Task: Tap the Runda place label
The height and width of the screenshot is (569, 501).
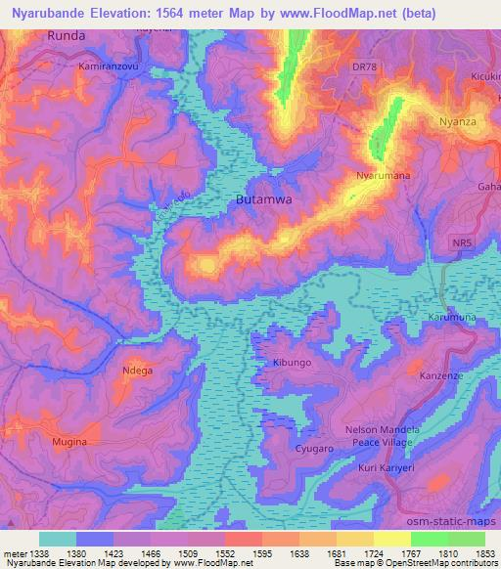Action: click(67, 35)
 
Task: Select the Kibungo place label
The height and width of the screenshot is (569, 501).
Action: click(292, 363)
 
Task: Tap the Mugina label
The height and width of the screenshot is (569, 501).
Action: click(69, 442)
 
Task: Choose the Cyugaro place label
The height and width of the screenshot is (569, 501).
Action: click(316, 449)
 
